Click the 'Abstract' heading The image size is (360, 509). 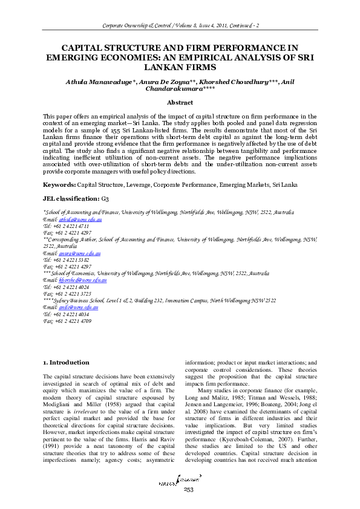pyautogui.click(x=180, y=103)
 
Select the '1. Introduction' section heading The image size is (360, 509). pyautogui.click(x=67, y=362)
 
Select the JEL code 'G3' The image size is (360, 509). pyautogui.click(x=105, y=198)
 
